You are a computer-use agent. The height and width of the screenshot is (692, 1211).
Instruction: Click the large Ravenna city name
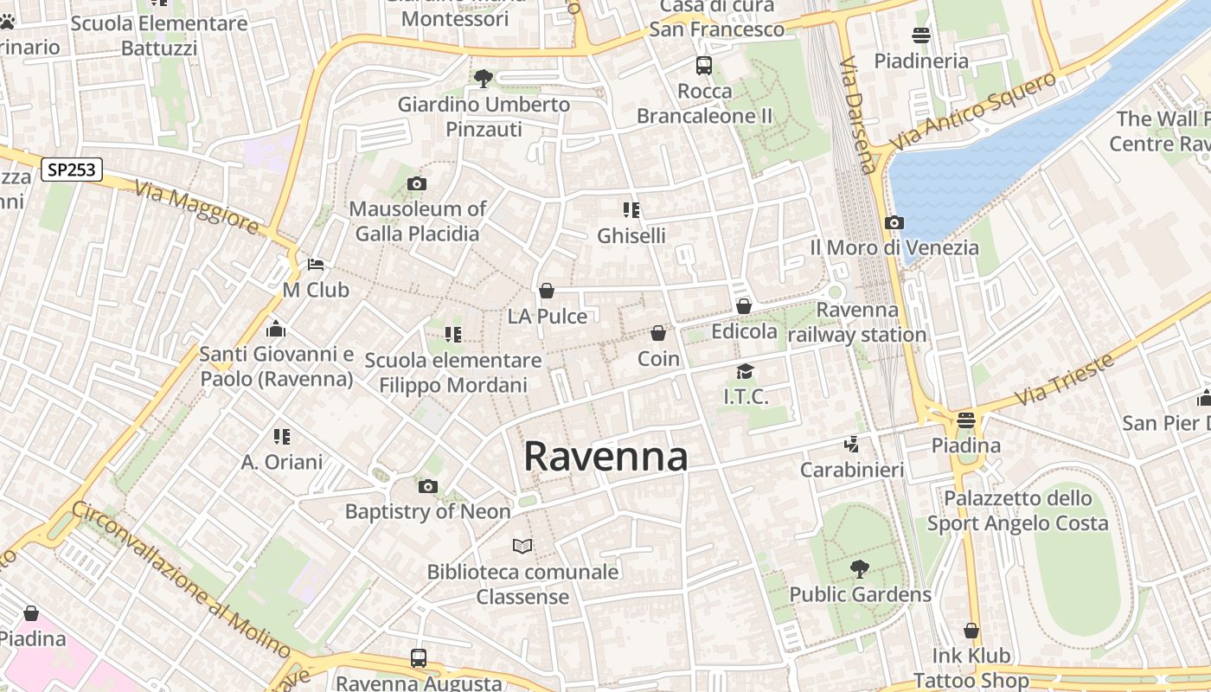click(605, 457)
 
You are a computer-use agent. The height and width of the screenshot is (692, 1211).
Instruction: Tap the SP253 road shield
click(72, 170)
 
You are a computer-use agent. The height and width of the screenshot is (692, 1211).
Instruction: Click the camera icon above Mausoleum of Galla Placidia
click(417, 183)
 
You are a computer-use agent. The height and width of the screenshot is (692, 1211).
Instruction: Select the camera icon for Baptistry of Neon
click(427, 486)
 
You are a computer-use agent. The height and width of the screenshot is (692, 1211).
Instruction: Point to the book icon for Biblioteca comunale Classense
click(522, 546)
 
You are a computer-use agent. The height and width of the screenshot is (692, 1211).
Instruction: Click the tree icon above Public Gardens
click(859, 568)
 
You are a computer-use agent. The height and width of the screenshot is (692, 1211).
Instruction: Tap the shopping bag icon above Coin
click(658, 333)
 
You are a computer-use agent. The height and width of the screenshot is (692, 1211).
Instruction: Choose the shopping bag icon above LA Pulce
click(547, 291)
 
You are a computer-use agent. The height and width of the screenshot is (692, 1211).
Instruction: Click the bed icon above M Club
click(316, 264)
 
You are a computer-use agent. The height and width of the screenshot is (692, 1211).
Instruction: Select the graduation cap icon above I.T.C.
click(745, 371)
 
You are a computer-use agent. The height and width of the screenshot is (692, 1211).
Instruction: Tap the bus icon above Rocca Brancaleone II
click(704, 65)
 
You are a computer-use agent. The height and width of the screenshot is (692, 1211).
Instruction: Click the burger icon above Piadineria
click(921, 35)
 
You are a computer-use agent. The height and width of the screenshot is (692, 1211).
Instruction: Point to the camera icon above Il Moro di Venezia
click(894, 222)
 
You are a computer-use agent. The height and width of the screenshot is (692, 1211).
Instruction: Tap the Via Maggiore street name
click(196, 207)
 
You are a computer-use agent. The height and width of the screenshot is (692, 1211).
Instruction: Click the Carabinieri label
click(852, 470)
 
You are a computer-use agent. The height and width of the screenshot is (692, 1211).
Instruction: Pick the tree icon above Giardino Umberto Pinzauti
click(484, 79)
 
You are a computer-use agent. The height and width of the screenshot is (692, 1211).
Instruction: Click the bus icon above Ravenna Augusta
click(419, 657)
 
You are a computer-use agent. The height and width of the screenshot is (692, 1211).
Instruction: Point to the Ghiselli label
click(631, 235)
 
